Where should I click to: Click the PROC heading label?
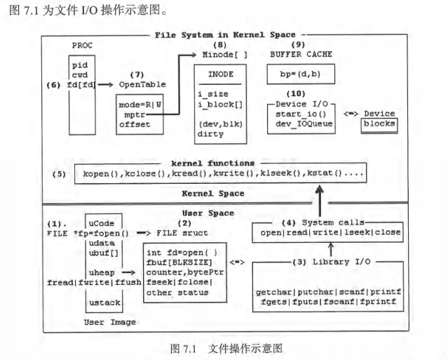[x=82, y=46]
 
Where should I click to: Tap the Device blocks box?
[x=379, y=124]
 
